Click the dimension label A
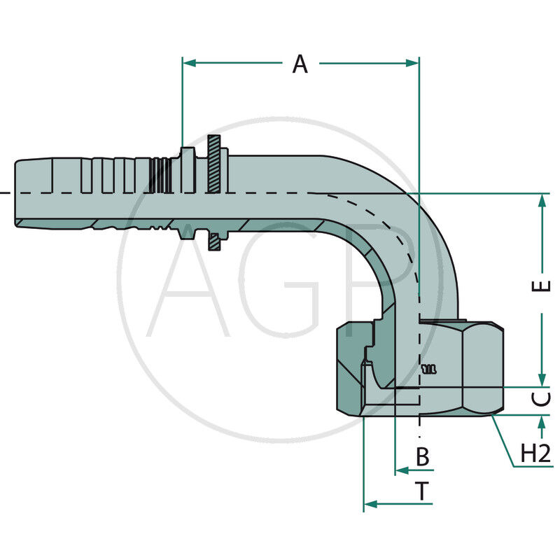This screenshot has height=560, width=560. [300, 64]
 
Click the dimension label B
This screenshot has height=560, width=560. [422, 457]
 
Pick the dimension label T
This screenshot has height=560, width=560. [422, 492]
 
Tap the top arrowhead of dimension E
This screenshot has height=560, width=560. [541, 200]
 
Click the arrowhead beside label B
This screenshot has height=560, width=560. [401, 470]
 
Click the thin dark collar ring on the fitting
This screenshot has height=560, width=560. [215, 192]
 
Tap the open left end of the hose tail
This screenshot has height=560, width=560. [17, 192]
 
